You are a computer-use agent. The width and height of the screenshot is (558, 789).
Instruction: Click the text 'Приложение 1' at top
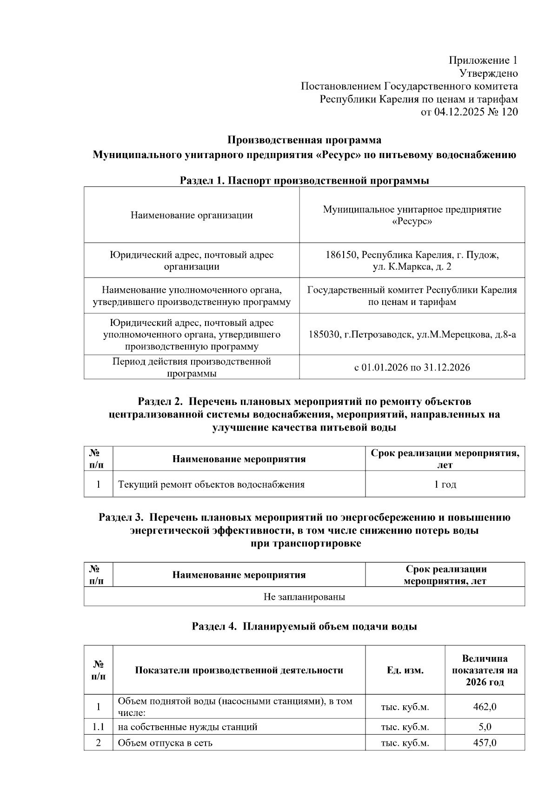point(483,60)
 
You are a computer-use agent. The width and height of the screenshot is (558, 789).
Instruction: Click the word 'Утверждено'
point(488,73)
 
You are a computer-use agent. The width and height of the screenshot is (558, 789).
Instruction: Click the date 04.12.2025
point(456,112)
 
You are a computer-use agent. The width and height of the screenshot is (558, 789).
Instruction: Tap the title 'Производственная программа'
point(304,140)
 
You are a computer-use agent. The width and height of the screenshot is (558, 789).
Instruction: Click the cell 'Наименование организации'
point(192,215)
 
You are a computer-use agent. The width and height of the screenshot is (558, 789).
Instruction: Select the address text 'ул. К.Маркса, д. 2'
point(412,267)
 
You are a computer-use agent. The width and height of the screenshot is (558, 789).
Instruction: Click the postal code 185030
point(324,335)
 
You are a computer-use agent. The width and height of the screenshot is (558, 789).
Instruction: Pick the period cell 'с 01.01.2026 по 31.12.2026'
point(412,368)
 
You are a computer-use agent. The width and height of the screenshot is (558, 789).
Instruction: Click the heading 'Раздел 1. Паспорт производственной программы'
point(304,181)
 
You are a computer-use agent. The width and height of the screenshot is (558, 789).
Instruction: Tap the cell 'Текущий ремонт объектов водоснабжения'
point(211,484)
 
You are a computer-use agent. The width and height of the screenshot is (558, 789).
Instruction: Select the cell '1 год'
point(445,484)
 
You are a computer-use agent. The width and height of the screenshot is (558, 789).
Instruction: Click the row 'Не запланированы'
point(304,597)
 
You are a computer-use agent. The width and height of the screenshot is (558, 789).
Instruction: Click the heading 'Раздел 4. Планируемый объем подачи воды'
point(304,627)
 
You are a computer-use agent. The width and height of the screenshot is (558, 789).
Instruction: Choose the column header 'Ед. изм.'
point(405,670)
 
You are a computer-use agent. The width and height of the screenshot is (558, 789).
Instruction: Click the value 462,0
point(485,707)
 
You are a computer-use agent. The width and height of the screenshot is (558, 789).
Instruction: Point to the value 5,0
point(485,727)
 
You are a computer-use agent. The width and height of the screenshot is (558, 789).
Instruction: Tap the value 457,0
point(485,743)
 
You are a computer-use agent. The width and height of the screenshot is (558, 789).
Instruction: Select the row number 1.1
point(98,727)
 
